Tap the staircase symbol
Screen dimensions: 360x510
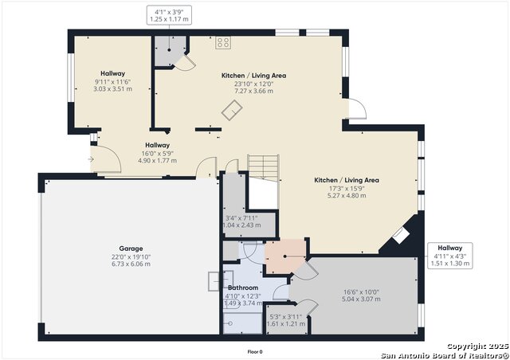262,166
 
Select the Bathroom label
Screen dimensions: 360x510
243,288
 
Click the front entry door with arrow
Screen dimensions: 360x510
104,162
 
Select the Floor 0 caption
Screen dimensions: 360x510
255,351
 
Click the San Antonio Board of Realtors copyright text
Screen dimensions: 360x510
442,354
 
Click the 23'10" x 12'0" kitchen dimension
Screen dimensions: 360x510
254,84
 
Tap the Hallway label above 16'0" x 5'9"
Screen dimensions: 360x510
157,145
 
